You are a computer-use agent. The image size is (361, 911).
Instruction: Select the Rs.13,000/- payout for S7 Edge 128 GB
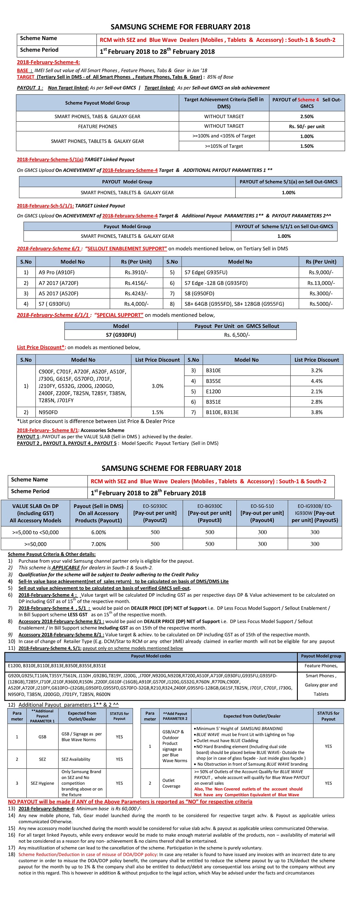[321, 283]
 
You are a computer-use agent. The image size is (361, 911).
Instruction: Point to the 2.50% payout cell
[307, 117]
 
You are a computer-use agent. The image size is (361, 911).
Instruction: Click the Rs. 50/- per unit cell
[307, 127]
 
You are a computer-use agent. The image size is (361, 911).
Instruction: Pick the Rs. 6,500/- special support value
[237, 335]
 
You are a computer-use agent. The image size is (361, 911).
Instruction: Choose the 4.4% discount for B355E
[317, 381]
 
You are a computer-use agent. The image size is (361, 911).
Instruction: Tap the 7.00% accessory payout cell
[99, 544]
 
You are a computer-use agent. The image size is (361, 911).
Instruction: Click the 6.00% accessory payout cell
[99, 532]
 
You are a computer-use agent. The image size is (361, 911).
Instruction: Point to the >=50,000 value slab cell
[35, 544]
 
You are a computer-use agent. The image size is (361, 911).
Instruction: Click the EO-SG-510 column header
[262, 513]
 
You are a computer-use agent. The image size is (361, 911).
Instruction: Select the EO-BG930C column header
[210, 513]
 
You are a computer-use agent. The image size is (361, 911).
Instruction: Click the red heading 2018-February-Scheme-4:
[48, 62]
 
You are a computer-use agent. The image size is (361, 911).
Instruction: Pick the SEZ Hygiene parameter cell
[42, 783]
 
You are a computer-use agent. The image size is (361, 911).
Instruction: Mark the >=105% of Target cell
[224, 146]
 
